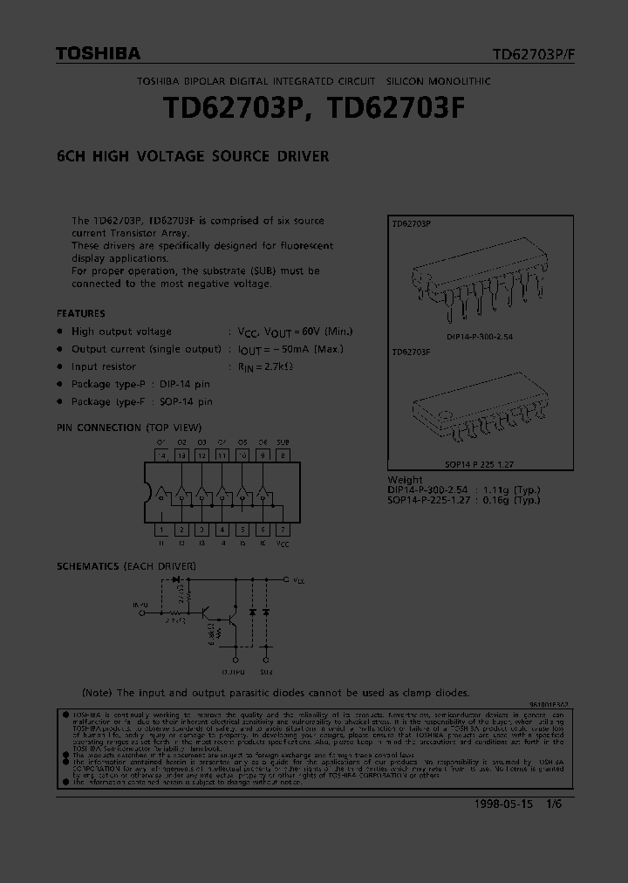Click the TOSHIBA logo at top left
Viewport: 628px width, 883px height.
pyautogui.click(x=98, y=54)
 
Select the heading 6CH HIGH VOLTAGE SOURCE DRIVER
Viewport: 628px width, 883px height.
pyautogui.click(x=193, y=157)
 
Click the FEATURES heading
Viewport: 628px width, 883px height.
pyautogui.click(x=81, y=313)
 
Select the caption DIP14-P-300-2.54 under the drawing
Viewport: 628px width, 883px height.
pyautogui.click(x=479, y=336)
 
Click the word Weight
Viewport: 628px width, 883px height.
pyautogui.click(x=406, y=480)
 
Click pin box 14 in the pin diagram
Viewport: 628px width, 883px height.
pyautogui.click(x=161, y=455)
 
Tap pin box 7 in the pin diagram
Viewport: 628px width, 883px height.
pyautogui.click(x=283, y=530)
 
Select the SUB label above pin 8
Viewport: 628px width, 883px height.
pyautogui.click(x=283, y=442)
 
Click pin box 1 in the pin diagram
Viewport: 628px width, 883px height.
pyautogui.click(x=161, y=530)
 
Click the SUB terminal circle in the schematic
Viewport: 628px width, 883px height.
pyautogui.click(x=266, y=661)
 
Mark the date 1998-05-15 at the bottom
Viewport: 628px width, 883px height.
pyautogui.click(x=504, y=804)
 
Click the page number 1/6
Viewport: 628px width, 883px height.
pyautogui.click(x=553, y=804)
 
